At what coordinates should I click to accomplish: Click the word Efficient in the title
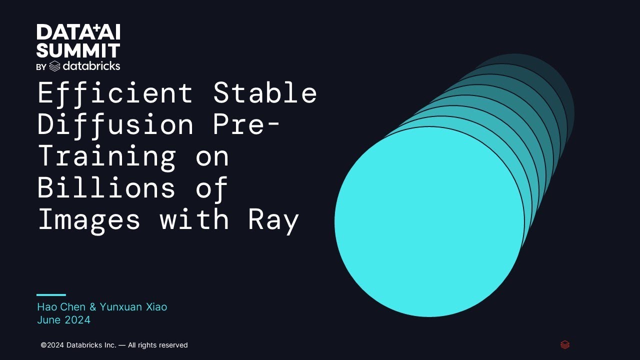click(115, 93)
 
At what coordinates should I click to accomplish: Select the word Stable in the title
click(265, 93)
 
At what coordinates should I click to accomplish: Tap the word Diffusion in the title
click(115, 124)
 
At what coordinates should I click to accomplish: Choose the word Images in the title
click(89, 219)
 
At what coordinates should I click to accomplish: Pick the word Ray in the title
click(273, 220)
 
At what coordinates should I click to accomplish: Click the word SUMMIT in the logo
click(78, 50)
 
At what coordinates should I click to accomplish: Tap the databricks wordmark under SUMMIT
click(91, 66)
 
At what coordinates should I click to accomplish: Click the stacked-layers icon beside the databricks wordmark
click(54, 66)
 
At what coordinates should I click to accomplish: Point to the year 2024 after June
click(77, 320)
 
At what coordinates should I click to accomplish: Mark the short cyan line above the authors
click(51, 295)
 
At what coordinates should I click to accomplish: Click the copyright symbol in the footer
click(43, 345)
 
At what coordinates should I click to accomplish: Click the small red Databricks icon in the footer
click(565, 344)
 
